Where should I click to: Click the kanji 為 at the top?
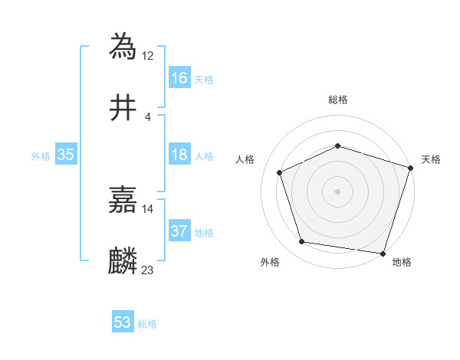click(x=123, y=46)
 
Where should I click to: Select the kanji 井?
click(x=123, y=109)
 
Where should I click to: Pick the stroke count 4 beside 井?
click(x=147, y=116)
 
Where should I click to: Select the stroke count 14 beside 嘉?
click(x=148, y=208)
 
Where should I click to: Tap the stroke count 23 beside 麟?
click(x=148, y=270)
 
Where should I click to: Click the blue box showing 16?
click(x=179, y=78)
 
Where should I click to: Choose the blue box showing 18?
click(x=179, y=155)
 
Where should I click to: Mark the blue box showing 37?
click(x=179, y=231)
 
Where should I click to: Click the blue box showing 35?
click(x=65, y=155)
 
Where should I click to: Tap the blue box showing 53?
click(x=123, y=322)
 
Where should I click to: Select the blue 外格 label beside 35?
click(x=41, y=155)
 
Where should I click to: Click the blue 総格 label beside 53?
click(x=147, y=324)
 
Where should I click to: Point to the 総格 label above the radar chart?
click(x=338, y=100)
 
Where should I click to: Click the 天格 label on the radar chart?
click(x=431, y=159)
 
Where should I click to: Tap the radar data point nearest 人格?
click(x=280, y=172)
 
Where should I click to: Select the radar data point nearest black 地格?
click(x=382, y=253)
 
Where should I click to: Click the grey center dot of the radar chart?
click(x=338, y=191)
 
